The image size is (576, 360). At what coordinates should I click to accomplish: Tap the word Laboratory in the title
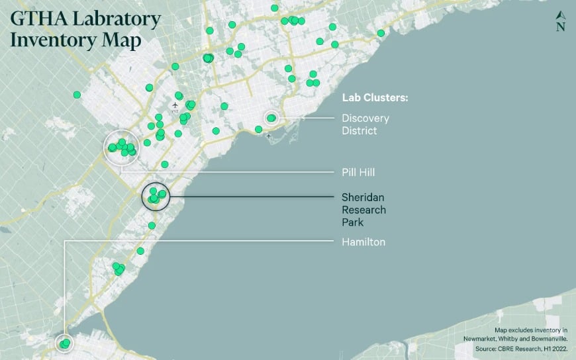click(115, 19)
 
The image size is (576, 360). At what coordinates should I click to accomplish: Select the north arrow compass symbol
click(561, 21)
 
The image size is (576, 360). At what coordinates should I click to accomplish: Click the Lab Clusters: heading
click(375, 97)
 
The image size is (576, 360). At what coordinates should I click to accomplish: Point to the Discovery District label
click(365, 124)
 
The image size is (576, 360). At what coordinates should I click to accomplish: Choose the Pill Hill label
click(358, 172)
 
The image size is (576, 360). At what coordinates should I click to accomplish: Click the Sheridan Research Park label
click(363, 209)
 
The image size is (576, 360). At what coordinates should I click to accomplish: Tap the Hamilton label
click(363, 242)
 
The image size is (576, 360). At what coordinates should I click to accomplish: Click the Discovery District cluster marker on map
click(271, 118)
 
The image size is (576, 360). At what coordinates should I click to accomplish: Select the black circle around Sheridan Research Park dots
click(156, 195)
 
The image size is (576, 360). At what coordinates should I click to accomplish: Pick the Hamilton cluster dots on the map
click(64, 344)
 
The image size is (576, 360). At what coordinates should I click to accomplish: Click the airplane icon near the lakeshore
click(268, 136)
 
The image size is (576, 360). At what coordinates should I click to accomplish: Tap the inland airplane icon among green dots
click(175, 105)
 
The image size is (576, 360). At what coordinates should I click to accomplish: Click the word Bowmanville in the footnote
click(551, 339)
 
